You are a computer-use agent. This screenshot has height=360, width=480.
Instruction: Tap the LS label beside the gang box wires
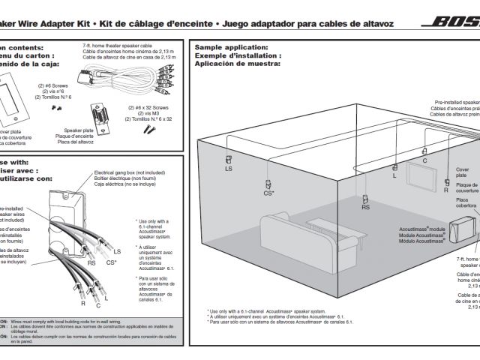point(117,250)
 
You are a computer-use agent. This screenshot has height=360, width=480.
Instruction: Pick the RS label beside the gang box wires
point(91,262)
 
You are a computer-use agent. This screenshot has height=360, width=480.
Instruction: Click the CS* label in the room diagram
point(268,193)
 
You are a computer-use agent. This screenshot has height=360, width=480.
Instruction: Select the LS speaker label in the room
point(228,169)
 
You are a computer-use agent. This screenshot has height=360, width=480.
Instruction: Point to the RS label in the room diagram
point(365,208)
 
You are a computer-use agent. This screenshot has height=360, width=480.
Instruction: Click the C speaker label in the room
point(424,160)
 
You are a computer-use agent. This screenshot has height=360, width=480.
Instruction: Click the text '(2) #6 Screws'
point(55,85)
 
